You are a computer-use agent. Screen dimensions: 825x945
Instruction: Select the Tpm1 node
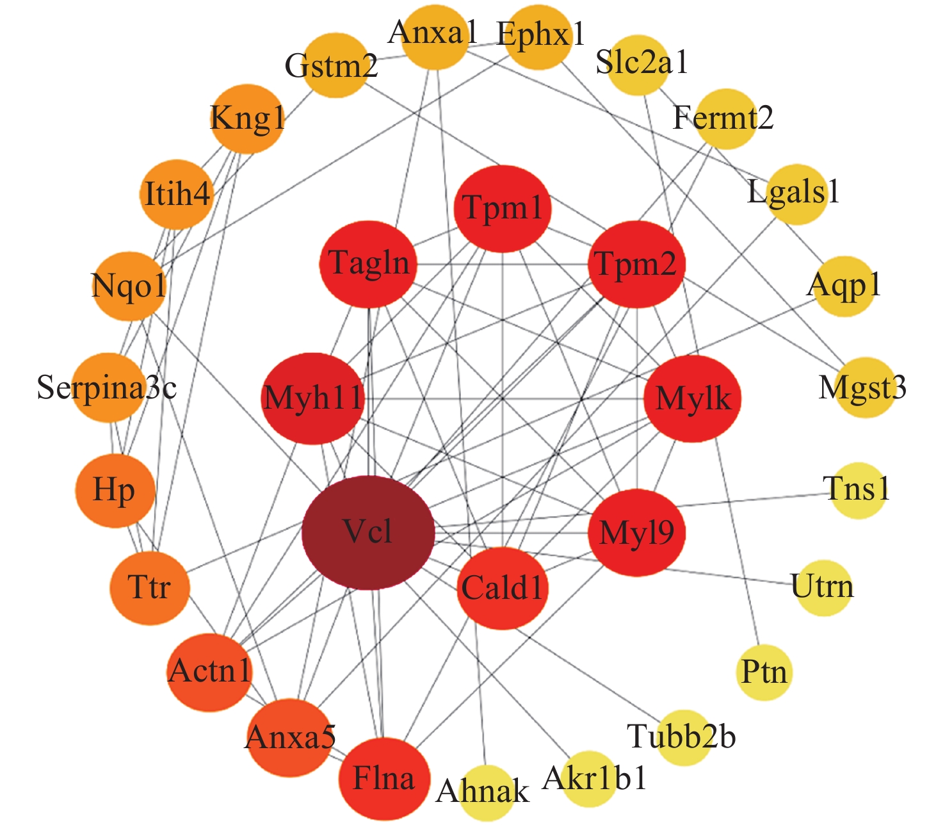coord(503,209)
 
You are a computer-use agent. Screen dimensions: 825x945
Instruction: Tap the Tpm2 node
coord(636,264)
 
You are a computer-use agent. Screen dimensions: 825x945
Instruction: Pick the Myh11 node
coord(313,399)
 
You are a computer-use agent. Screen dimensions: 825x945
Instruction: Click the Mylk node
coord(693,399)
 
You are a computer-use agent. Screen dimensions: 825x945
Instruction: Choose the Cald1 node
coord(503,588)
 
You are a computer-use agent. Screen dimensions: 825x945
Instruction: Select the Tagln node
coord(368,264)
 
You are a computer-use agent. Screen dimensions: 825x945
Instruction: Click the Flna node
coord(384,779)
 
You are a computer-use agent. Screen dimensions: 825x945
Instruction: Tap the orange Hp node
coord(115,491)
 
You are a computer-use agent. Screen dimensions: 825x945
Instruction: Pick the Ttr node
coord(150,587)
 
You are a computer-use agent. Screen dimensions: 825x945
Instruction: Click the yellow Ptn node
coord(764,673)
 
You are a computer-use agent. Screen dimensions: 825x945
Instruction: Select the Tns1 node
coord(858,490)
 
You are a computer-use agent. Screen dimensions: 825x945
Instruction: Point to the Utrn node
coord(823,587)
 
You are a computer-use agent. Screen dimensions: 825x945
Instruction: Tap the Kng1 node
coord(247,119)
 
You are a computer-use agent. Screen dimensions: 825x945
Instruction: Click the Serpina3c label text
coord(106,388)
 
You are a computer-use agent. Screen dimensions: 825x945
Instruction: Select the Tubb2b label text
coord(681,737)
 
